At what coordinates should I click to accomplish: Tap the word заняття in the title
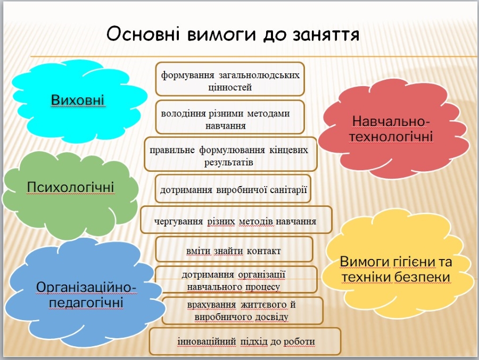pos(326,35)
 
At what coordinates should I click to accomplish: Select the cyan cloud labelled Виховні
pos(79,101)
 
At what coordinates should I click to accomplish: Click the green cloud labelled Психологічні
pos(70,195)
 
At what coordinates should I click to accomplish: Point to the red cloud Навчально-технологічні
pos(393,129)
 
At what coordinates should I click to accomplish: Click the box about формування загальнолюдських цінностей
pos(230,79)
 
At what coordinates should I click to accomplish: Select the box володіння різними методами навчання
pos(230,117)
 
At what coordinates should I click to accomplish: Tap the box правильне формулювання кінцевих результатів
pos(230,154)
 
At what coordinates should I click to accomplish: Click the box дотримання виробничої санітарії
pos(233,188)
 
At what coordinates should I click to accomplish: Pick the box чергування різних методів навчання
pos(236,220)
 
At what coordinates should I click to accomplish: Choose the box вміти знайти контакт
pos(234,249)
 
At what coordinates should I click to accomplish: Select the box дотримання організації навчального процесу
pos(236,279)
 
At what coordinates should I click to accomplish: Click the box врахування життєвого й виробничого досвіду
pos(242,310)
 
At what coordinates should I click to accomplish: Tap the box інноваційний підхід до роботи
pos(245,341)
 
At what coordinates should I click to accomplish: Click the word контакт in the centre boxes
pos(263,251)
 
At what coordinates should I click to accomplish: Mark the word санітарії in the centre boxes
pos(288,190)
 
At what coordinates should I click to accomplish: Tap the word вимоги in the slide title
pos(221,34)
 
